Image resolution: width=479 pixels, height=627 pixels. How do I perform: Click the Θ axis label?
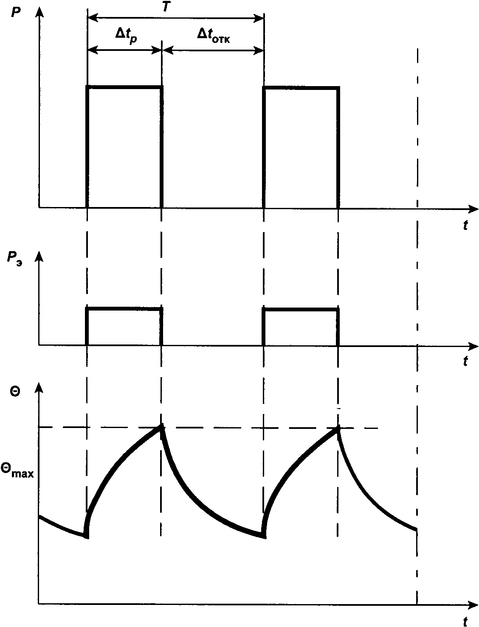(15, 392)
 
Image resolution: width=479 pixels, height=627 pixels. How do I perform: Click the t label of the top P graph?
(466, 226)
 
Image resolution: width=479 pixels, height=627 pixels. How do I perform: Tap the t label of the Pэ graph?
(466, 361)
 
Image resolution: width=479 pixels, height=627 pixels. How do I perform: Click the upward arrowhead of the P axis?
(39, 10)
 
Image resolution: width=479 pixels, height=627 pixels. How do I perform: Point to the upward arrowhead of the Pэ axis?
(39, 255)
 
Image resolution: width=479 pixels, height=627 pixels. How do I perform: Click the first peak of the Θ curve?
(161, 427)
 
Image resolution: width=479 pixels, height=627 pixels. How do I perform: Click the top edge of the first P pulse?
(124, 87)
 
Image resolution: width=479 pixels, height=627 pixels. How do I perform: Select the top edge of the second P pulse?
(301, 88)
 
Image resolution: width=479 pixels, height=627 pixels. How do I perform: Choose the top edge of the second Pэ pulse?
(301, 309)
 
